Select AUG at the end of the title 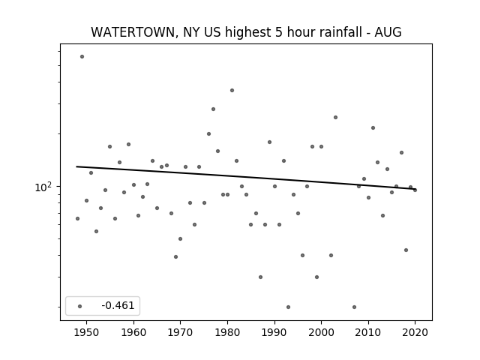[388, 32]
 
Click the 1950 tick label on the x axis [87, 332]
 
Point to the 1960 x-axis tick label [133, 332]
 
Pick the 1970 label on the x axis [180, 332]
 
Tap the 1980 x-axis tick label [227, 332]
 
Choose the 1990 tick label [274, 332]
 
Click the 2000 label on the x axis [322, 332]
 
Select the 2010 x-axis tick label [368, 332]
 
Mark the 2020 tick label [415, 332]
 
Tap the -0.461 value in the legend [118, 305]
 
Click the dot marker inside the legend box [80, 306]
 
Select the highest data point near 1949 [82, 57]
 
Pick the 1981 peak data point [232, 90]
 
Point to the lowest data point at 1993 [288, 307]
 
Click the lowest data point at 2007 [354, 307]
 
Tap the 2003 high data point [335, 117]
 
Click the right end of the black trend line [415, 189]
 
